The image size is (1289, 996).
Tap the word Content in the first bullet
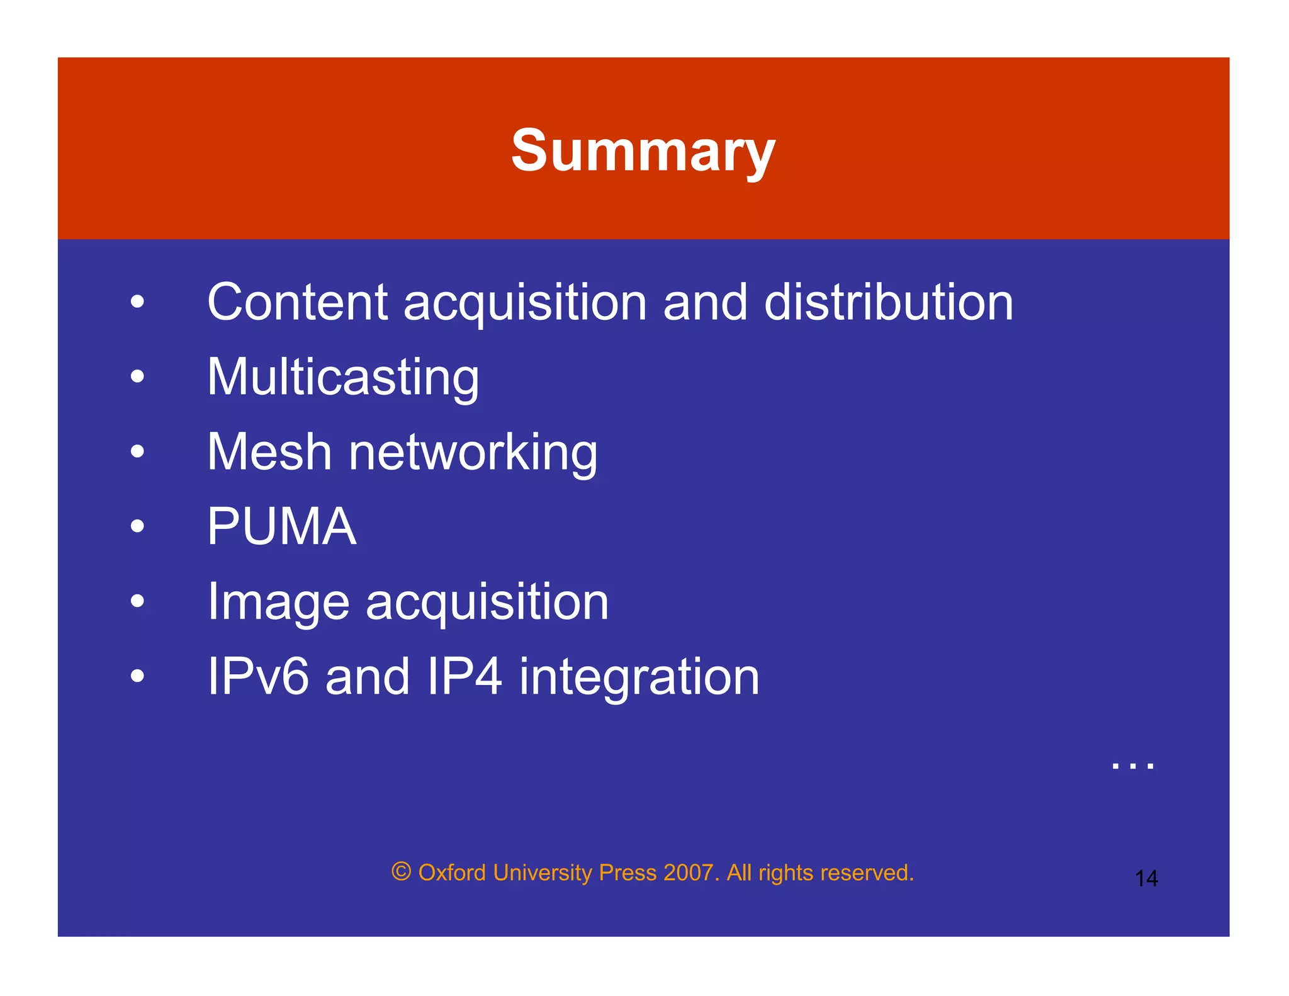tap(297, 302)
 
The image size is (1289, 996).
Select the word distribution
tap(888, 302)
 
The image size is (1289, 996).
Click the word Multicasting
tap(343, 378)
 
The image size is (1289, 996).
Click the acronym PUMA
tap(282, 526)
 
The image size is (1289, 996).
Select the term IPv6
tap(258, 677)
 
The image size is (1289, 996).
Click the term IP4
tap(464, 677)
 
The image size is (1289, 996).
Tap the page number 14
tap(1146, 878)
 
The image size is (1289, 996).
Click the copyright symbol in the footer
tap(402, 872)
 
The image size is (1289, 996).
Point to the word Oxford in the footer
tap(452, 873)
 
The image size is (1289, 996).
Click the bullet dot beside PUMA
tap(137, 526)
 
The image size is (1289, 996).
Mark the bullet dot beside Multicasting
tap(137, 376)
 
